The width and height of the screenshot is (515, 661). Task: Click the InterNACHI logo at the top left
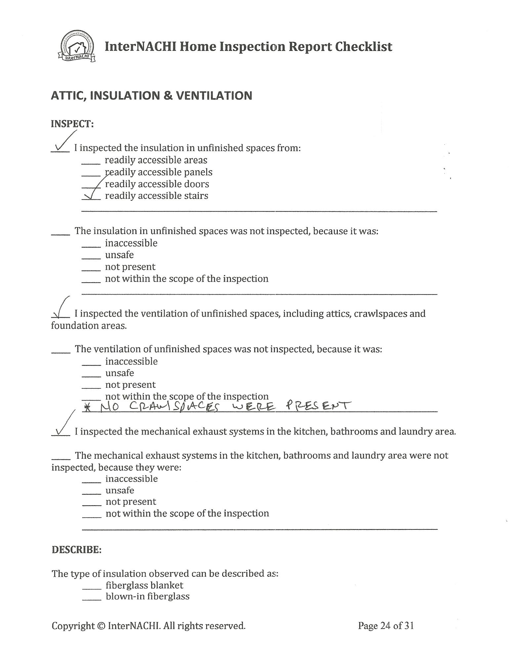click(76, 47)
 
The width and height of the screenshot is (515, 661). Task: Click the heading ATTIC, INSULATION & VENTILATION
click(151, 96)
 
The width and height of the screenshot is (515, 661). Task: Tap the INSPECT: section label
click(72, 124)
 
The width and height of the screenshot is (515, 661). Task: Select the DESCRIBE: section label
click(76, 550)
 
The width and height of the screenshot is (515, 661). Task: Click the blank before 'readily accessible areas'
click(91, 163)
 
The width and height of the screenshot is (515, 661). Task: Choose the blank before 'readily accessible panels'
click(91, 175)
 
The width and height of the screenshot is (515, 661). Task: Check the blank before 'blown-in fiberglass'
click(92, 599)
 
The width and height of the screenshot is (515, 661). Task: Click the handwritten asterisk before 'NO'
click(87, 408)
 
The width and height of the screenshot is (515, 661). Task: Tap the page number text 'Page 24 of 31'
click(386, 626)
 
